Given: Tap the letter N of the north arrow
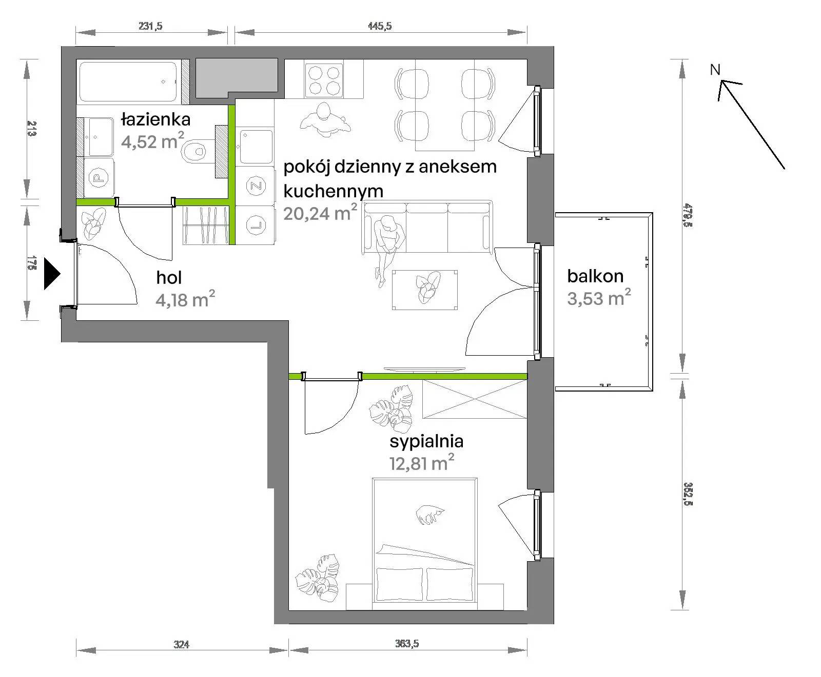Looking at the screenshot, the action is [715, 70].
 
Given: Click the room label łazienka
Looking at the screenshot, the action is [155, 119].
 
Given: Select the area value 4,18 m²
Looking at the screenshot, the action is [185, 299].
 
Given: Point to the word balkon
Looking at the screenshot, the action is [595, 276].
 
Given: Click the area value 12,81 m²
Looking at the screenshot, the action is [422, 463].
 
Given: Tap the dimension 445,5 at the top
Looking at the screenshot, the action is [380, 26].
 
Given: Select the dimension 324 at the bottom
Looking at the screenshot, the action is [182, 644].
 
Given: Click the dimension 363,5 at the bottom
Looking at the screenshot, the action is [407, 643].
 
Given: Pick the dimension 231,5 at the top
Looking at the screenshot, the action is [151, 26].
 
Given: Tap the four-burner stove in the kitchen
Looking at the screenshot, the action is [323, 80].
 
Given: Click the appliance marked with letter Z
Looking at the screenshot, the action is [255, 186].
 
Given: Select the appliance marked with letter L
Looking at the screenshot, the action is [255, 224].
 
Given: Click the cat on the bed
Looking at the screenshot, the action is [429, 514].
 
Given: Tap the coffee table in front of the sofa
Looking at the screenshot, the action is [425, 290].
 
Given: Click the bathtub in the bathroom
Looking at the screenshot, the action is [129, 81].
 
